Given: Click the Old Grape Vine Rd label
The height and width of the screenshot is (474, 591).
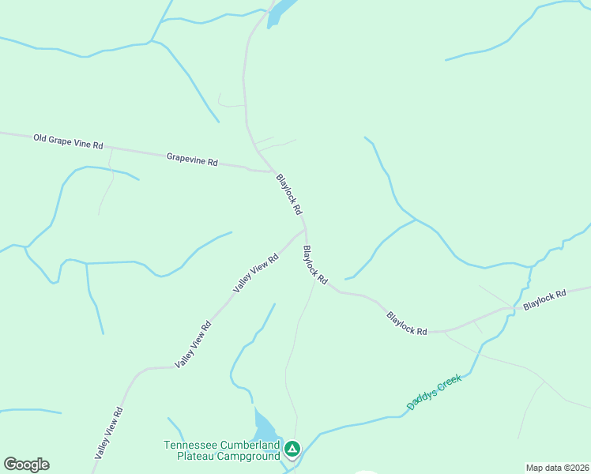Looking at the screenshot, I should pos(68,141).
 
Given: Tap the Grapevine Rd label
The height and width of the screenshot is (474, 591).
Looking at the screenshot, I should pos(192,160).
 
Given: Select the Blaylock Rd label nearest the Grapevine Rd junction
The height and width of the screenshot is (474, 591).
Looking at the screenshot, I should pos(289,194).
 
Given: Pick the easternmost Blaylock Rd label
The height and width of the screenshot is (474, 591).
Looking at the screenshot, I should pos(544,299).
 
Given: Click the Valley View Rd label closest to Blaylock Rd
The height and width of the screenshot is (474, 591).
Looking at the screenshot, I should pos(256,273).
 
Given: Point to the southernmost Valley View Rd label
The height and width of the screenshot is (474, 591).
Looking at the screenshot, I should pos(109,433).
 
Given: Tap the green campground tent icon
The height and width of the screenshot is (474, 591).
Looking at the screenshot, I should pos(292,450).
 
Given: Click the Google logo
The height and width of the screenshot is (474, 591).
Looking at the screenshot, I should pos(26,465).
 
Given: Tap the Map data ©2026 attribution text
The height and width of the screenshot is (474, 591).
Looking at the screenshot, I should pos(557,468).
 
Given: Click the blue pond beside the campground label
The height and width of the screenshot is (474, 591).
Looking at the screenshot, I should pos(265,427).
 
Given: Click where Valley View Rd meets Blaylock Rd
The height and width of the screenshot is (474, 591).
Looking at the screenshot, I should pos(304,231).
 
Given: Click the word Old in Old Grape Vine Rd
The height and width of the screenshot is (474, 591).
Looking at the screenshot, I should pos(41,138).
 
